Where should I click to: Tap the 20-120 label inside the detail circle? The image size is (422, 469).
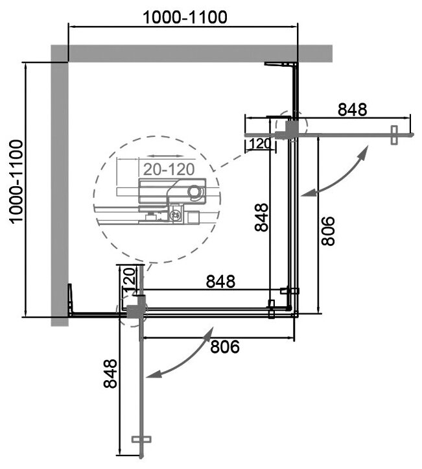[168, 170]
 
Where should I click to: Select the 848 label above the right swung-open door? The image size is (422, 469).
[353, 110]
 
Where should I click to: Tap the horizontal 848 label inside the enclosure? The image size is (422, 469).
[220, 282]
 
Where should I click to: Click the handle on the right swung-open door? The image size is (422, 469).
[393, 135]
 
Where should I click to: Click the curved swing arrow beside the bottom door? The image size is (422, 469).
[182, 359]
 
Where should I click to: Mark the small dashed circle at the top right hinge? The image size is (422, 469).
[288, 126]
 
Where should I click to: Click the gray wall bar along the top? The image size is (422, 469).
[194, 53]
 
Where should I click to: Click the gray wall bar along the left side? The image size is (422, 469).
[60, 188]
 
